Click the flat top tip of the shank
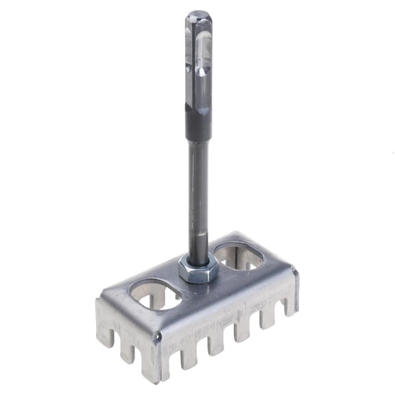(198, 13)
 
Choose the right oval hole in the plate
(239, 255)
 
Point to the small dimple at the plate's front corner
(157, 337)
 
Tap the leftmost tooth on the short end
(104, 331)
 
